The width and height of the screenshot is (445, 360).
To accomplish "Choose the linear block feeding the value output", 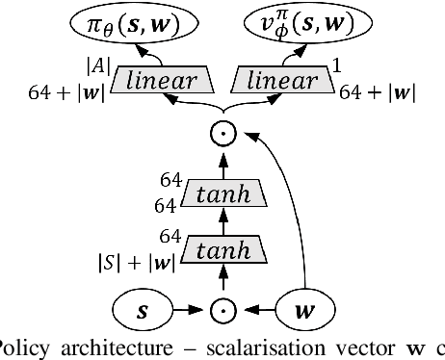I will coord(284,83).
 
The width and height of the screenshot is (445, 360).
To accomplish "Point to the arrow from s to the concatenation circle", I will coord(191,311).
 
